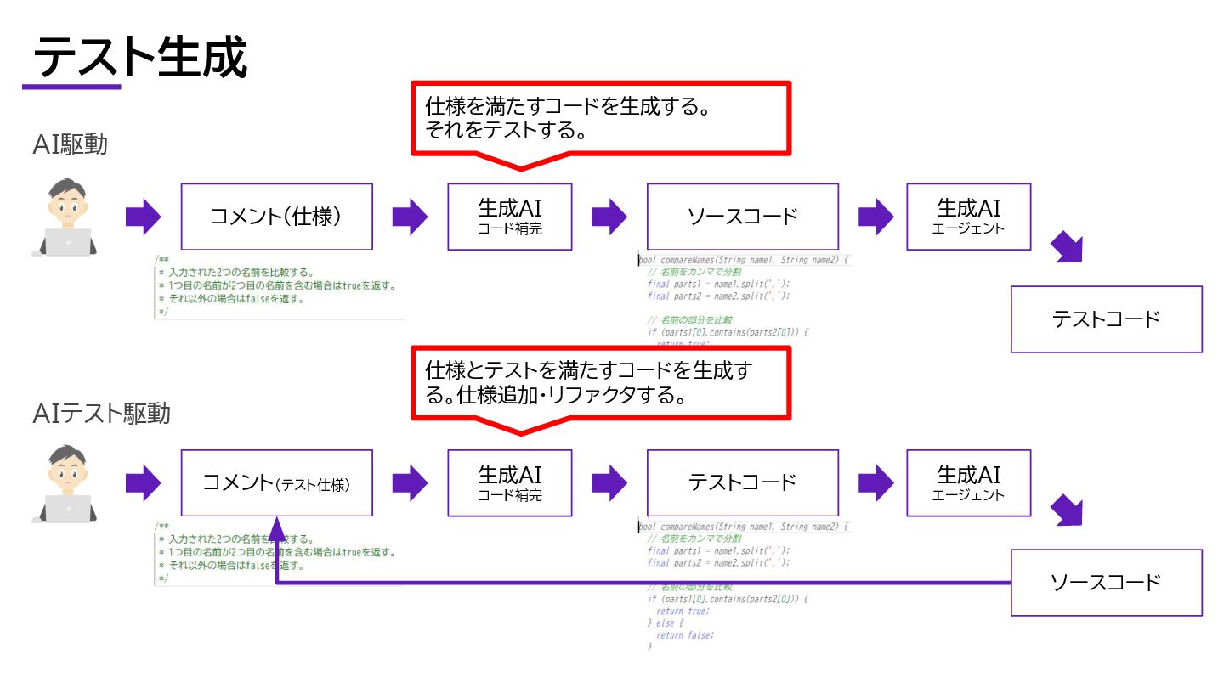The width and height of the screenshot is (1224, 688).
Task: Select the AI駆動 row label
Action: click(x=71, y=144)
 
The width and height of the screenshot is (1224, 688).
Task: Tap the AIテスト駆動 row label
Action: click(x=102, y=414)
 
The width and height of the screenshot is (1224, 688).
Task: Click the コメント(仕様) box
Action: click(x=276, y=216)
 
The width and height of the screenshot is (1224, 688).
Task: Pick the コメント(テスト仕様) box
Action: click(x=276, y=483)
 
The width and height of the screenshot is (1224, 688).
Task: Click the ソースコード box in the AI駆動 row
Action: click(x=742, y=216)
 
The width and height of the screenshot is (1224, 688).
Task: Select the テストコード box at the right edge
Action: click(x=1106, y=319)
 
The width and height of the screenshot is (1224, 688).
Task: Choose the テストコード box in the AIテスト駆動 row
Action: click(x=742, y=483)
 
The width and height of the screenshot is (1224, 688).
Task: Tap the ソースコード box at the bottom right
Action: click(x=1106, y=582)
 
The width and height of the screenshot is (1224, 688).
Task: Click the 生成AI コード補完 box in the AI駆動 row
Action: click(x=510, y=216)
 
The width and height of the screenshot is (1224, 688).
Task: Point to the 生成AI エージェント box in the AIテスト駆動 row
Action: click(x=968, y=483)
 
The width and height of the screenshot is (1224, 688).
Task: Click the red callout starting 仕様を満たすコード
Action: click(x=601, y=118)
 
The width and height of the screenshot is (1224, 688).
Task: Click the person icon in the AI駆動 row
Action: click(x=65, y=217)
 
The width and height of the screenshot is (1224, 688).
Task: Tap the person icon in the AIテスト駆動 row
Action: click(x=65, y=484)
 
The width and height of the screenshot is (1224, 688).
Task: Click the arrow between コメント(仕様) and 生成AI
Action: click(x=410, y=217)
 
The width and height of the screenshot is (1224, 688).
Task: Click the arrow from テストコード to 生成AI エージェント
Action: click(x=875, y=483)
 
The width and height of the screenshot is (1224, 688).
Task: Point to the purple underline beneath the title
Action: click(x=71, y=86)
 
